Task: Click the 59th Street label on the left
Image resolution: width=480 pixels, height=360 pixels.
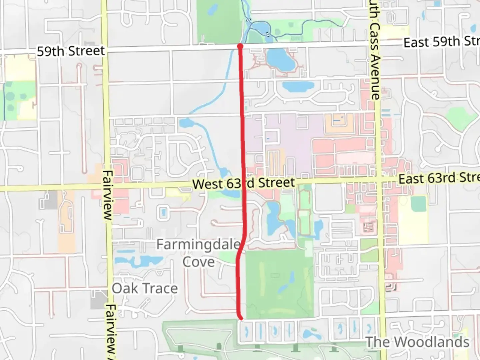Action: point(71,51)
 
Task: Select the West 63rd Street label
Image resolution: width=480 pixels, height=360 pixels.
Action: point(244,183)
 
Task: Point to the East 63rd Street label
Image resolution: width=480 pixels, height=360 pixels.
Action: point(439,178)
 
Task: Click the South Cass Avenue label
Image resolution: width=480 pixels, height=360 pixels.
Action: point(375,53)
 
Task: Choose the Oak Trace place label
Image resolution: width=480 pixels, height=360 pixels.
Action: point(145,289)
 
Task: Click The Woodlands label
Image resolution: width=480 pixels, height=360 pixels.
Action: point(417,342)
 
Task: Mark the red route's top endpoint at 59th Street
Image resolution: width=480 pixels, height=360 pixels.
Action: point(240,46)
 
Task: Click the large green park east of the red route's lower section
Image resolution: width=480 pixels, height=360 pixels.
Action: point(279,283)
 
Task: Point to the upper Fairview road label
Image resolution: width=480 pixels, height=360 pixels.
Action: point(107,195)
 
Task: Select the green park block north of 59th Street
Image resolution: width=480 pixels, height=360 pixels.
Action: point(218,22)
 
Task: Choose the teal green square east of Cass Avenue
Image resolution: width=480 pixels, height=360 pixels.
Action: point(419,204)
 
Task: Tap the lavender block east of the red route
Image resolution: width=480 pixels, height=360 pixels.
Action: point(287,140)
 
